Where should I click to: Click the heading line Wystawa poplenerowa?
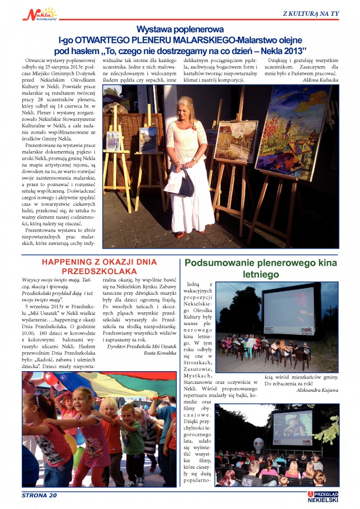(180, 30)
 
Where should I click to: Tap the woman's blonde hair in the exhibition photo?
(186, 108)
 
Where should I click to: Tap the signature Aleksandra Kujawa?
(318, 390)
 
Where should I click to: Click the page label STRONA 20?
(39, 495)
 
